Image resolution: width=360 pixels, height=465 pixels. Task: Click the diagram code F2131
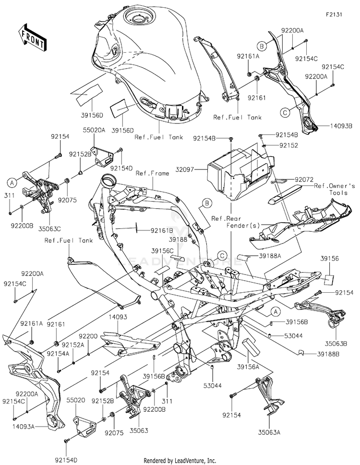pyautogui.click(x=335, y=15)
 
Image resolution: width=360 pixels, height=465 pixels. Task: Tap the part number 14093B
pyautogui.click(x=340, y=126)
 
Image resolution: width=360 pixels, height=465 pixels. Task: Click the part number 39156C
pyautogui.click(x=162, y=250)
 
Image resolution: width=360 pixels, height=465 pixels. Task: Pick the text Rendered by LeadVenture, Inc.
pyautogui.click(x=180, y=460)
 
